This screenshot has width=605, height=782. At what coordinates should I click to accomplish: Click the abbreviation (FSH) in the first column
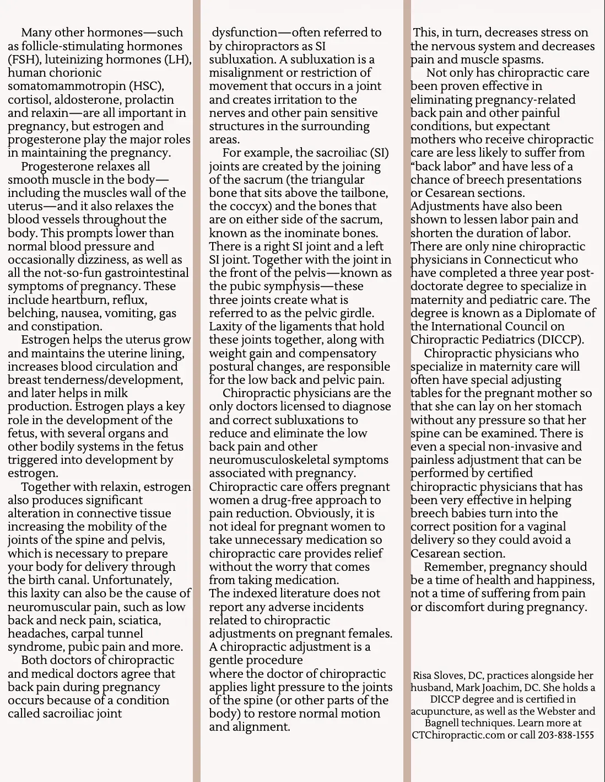point(24,60)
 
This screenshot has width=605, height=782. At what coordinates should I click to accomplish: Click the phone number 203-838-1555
point(566,735)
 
